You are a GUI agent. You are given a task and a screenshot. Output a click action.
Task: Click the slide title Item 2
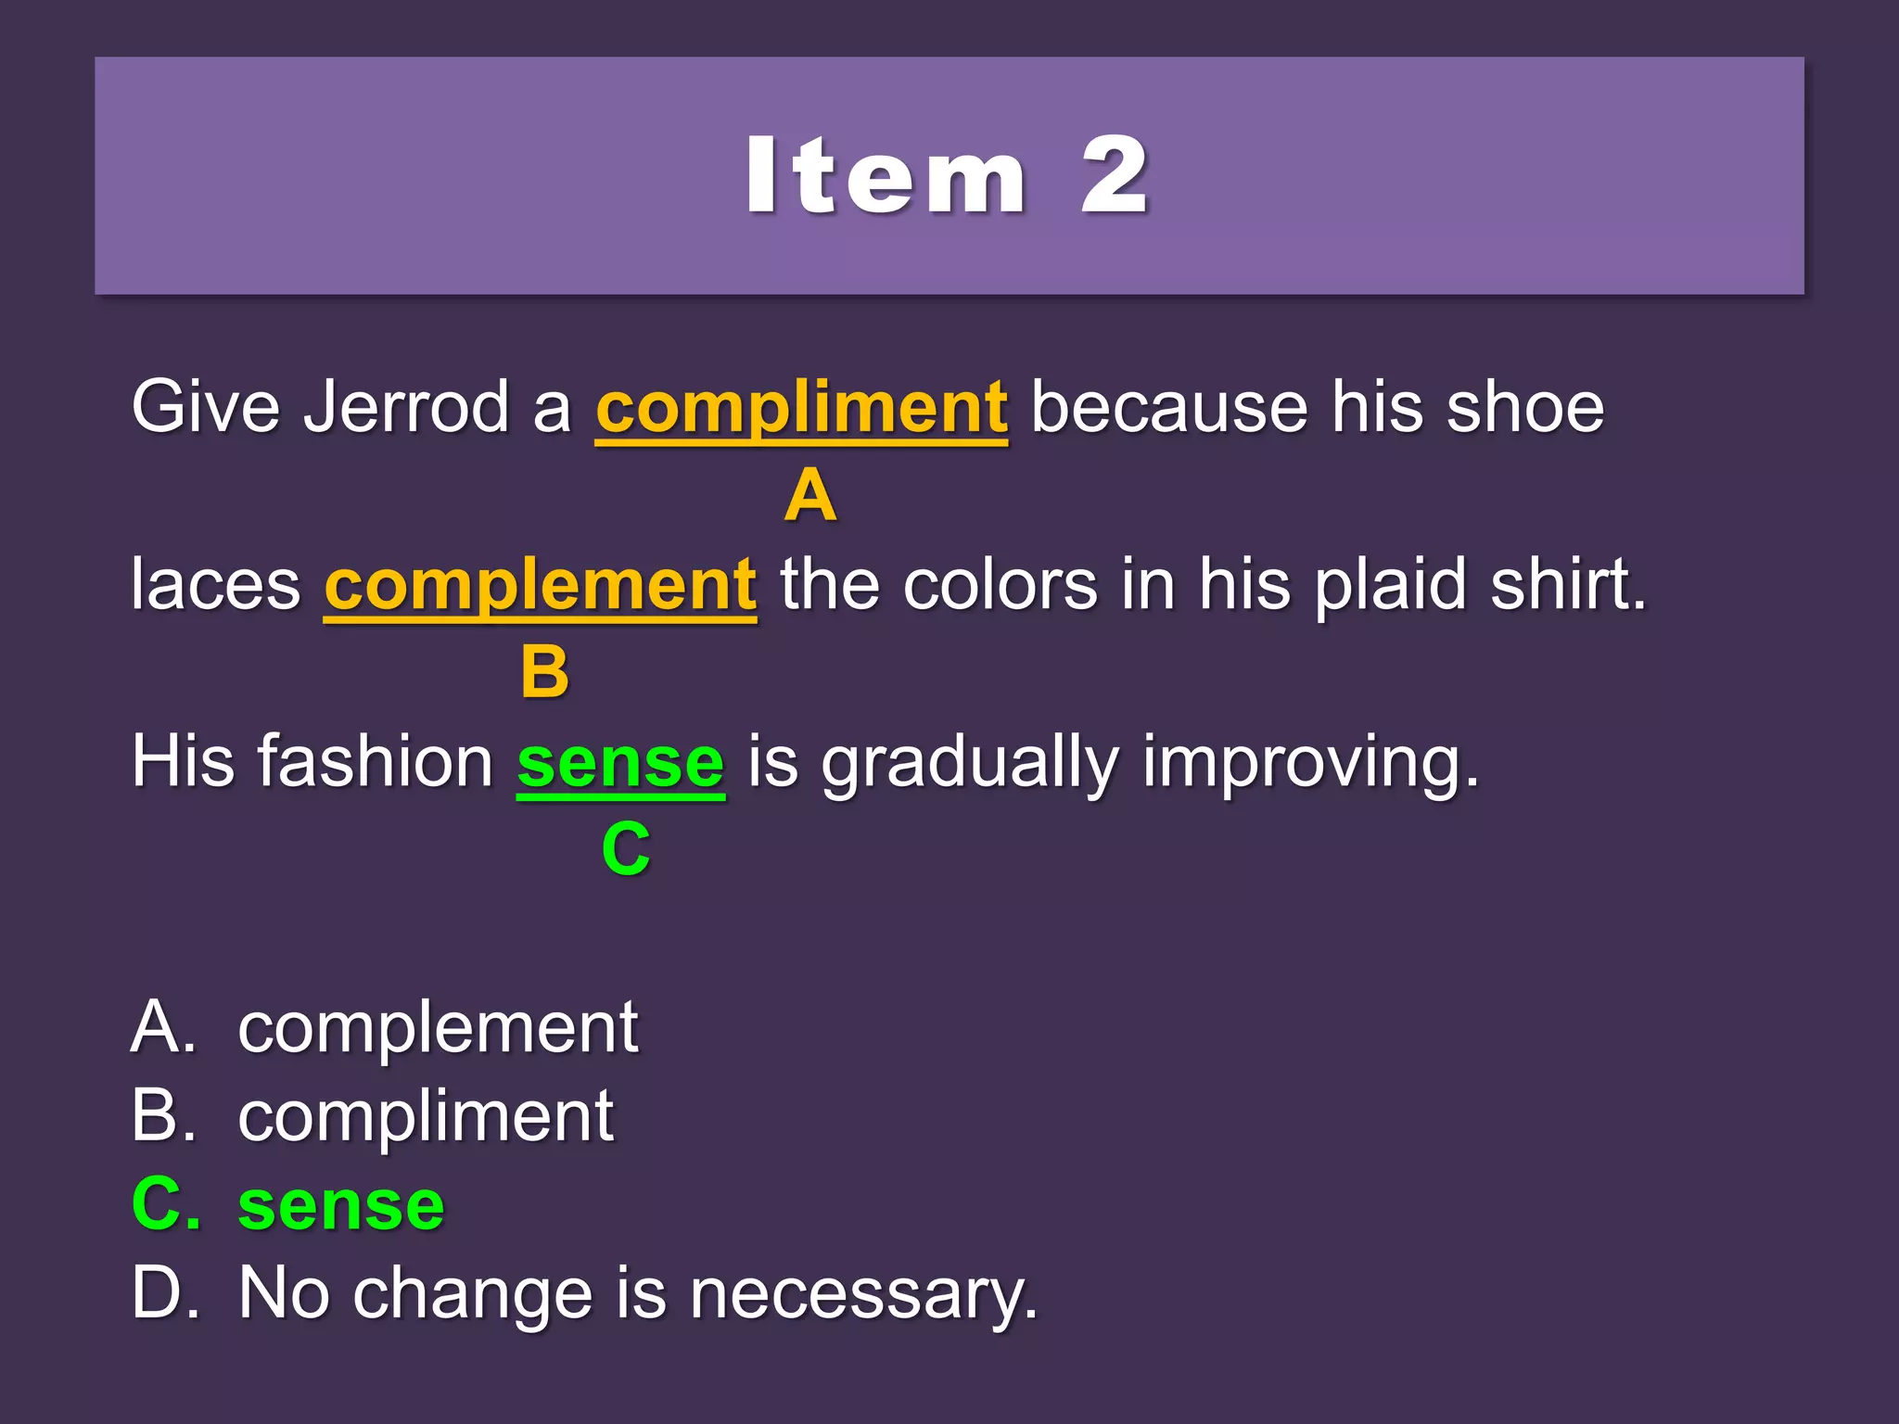tap(948, 176)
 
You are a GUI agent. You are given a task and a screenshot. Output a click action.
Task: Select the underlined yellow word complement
tap(540, 586)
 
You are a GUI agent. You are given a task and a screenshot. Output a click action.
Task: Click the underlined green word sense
tap(620, 763)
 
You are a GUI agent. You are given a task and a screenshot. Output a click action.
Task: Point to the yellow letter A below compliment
tap(810, 496)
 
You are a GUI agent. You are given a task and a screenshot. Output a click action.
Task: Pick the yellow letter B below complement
tap(544, 672)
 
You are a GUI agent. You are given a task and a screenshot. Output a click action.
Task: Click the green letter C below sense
tap(626, 848)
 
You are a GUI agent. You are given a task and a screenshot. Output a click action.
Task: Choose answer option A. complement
tap(385, 1028)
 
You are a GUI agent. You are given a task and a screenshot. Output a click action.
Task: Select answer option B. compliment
tap(372, 1116)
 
